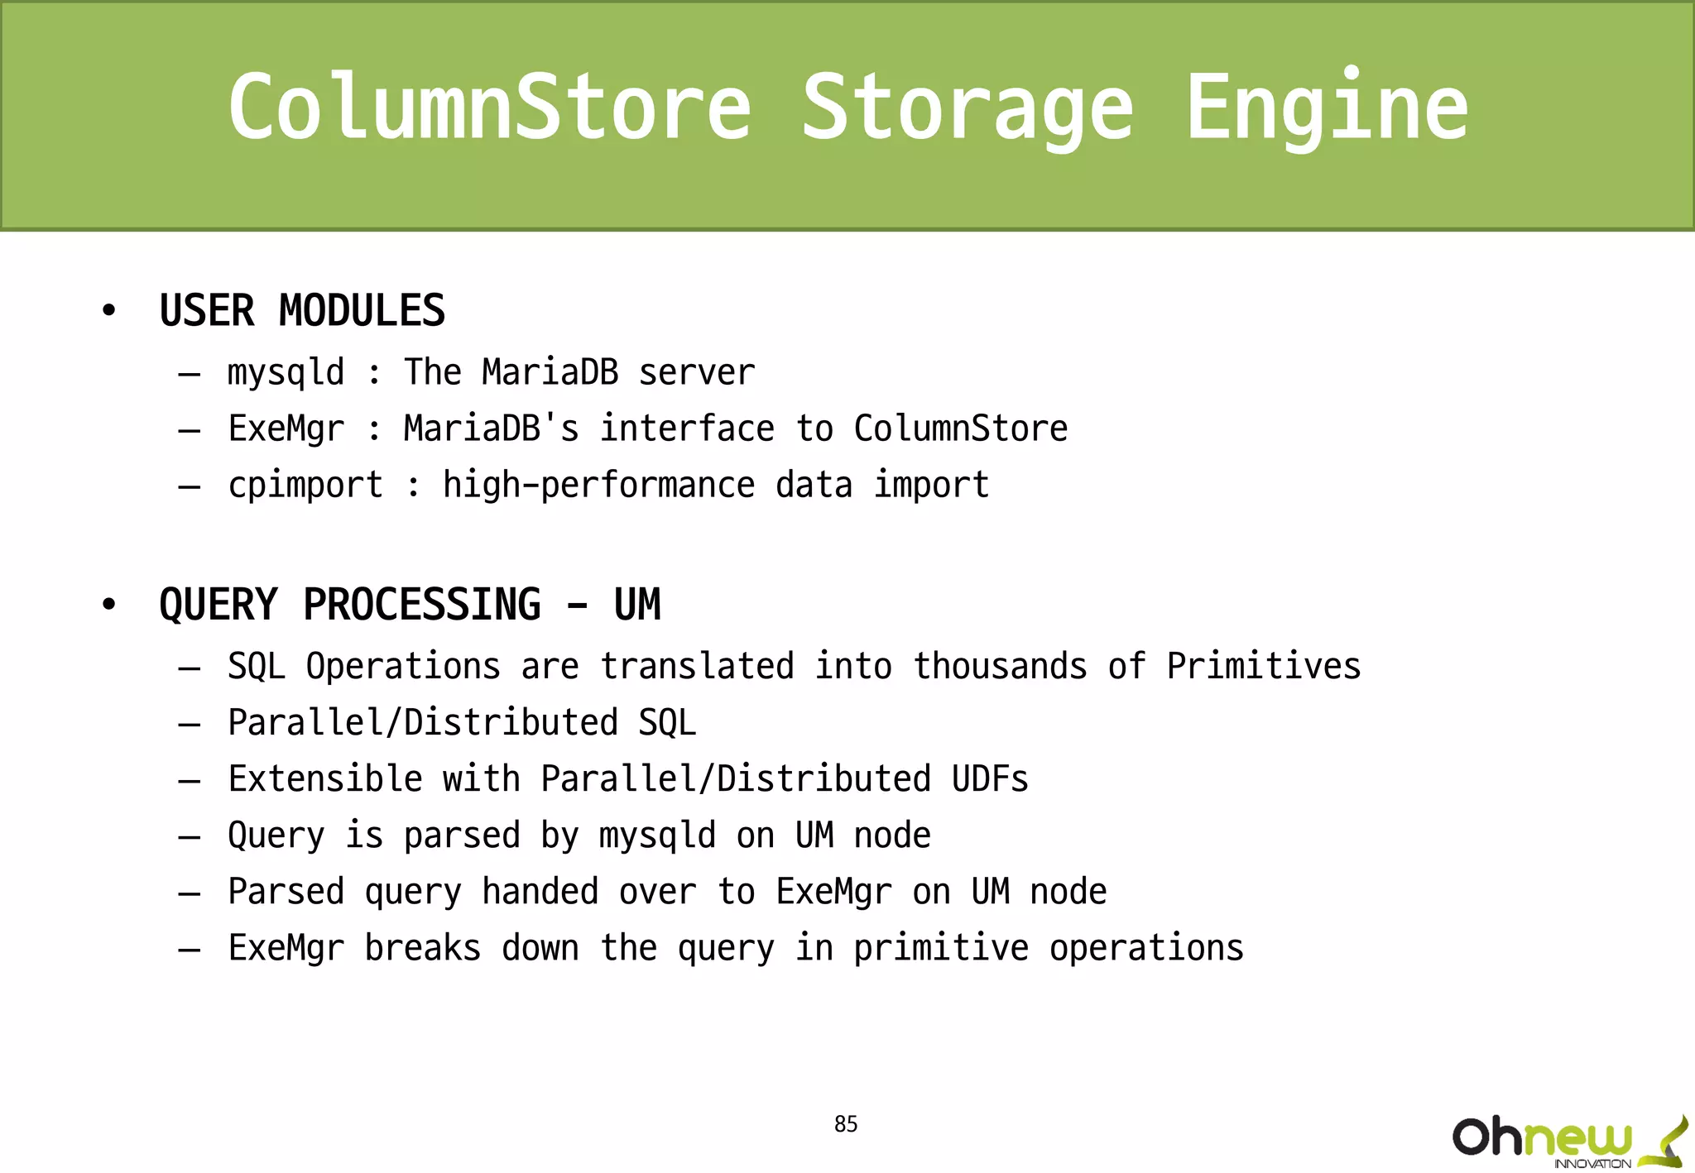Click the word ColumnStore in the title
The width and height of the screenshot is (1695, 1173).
490,108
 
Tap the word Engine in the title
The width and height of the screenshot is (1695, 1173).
1327,108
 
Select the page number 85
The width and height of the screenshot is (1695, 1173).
846,1124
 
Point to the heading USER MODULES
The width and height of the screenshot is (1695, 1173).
302,311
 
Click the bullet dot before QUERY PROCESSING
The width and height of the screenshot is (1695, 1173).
108,605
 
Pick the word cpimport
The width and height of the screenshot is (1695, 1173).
305,486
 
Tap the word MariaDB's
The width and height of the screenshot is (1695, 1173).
491,429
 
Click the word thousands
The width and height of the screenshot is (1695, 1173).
1000,667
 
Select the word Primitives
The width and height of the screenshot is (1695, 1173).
1264,667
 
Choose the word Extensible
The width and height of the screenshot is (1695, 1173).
325,779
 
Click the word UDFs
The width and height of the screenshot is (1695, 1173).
990,779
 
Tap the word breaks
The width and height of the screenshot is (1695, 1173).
422,948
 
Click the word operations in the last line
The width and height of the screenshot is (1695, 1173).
1146,949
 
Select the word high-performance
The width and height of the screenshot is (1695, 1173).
598,486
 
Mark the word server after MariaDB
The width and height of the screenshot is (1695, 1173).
697,373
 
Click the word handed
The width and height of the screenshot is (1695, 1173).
540,892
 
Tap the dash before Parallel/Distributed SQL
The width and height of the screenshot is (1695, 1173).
190,725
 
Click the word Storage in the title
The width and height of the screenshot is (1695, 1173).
968,108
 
